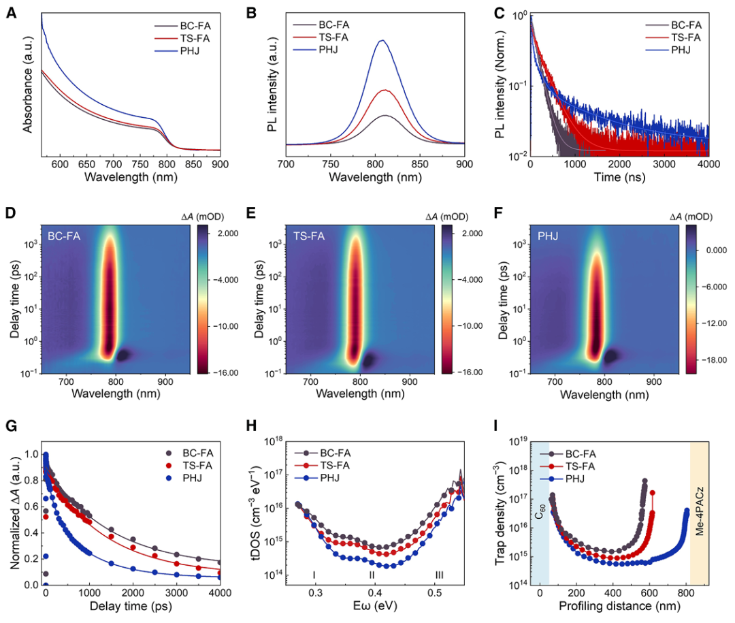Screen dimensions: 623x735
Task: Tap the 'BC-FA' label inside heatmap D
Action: point(65,236)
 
